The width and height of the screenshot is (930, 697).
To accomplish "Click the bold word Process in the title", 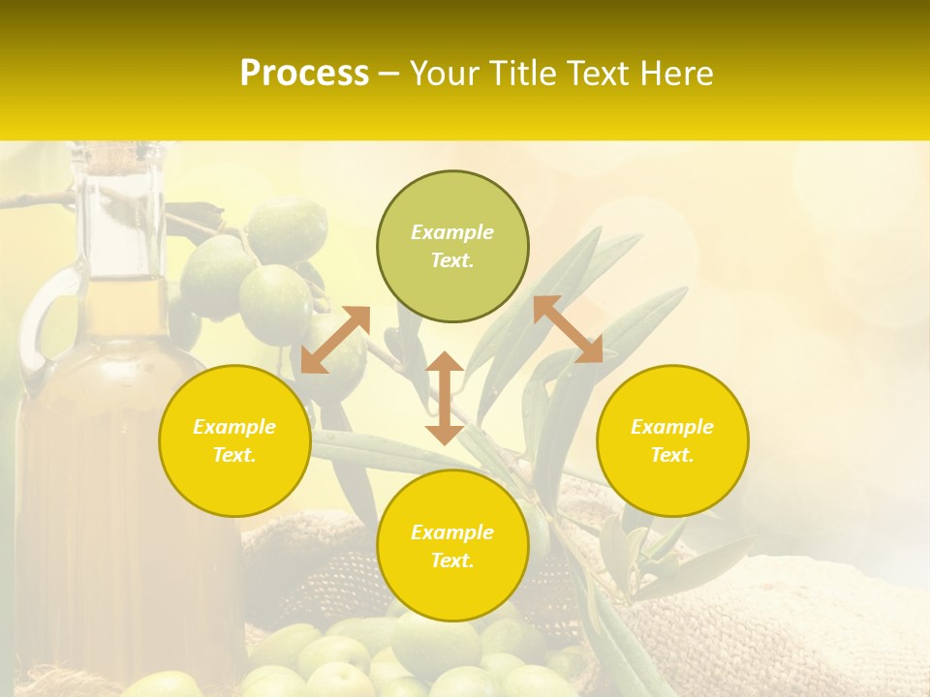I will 304,74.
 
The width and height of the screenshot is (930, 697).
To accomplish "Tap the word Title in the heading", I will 520,74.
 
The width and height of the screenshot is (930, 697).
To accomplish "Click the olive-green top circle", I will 452,246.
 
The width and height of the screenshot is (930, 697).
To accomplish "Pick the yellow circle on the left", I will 234,440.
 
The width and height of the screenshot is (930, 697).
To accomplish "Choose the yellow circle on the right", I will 672,440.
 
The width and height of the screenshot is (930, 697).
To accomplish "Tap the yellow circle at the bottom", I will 452,545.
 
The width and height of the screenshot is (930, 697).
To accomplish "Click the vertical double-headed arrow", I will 445,398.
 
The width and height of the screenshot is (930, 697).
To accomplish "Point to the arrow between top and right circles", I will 568,329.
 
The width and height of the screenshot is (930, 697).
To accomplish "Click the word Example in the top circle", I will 452,232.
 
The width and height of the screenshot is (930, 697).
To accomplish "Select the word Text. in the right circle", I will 672,455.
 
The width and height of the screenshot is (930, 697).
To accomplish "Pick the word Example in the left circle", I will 234,427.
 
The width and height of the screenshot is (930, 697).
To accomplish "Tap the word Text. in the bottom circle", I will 452,561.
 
